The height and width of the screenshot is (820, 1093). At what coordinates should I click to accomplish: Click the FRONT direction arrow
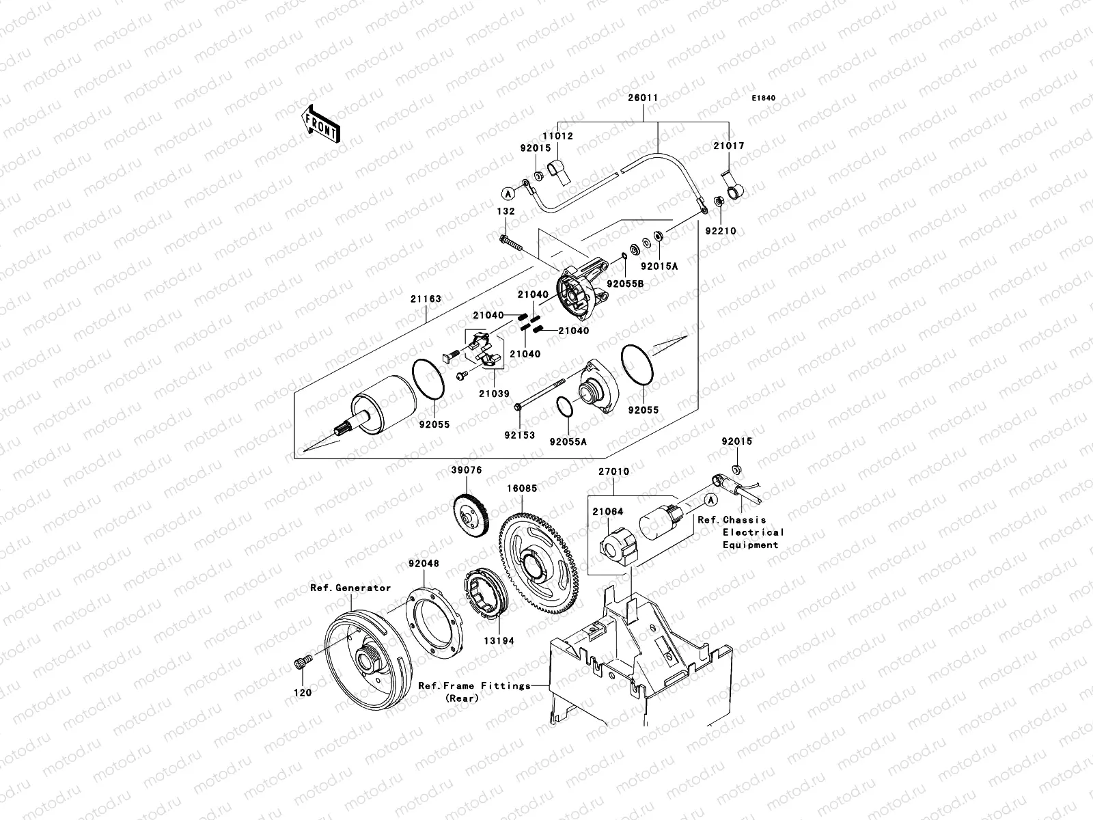pos(322,124)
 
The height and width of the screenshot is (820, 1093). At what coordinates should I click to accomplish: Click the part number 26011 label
pos(643,98)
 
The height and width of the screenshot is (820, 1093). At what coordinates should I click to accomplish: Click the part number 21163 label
pos(426,299)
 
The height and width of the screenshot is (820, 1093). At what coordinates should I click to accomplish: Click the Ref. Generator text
pos(350,588)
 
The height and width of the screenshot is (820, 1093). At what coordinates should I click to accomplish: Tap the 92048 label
pos(424,564)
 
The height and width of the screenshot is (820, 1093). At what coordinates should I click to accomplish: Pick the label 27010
pos(613,471)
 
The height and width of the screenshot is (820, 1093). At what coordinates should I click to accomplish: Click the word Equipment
pos(751,545)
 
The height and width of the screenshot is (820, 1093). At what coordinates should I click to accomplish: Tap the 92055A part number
pos(568,441)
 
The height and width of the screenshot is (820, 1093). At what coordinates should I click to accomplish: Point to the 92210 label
pos(721,231)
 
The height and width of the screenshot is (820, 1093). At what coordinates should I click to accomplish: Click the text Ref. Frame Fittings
pos(474,685)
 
